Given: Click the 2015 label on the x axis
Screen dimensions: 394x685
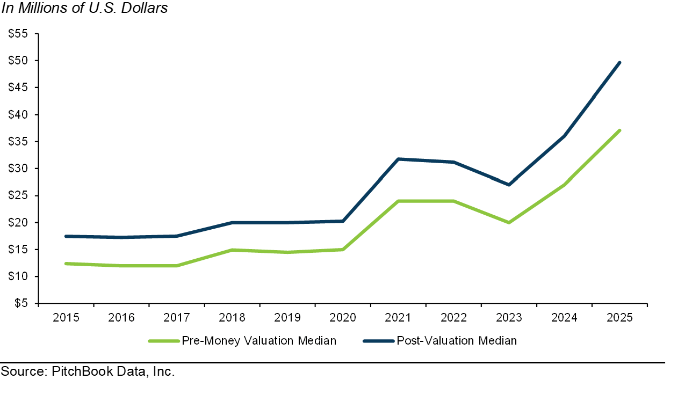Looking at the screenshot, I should [66, 317].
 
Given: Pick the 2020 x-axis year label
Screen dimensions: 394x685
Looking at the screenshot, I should [342, 317].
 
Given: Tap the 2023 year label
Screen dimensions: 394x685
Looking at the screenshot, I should [508, 317].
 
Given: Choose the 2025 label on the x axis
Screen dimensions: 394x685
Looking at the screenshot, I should [619, 317].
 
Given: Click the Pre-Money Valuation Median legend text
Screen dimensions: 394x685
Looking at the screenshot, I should [259, 341].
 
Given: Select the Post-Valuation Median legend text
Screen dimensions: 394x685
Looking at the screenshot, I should [457, 341].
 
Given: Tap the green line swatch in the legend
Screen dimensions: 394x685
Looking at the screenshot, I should [163, 341].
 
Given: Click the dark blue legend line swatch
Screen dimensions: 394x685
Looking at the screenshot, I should [378, 341].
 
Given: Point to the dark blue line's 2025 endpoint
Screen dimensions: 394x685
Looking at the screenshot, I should [619, 63].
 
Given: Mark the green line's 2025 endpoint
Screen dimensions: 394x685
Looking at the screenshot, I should [619, 130].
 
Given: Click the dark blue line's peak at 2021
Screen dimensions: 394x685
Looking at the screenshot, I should [398, 159].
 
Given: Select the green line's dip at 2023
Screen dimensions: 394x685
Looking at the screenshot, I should [509, 222].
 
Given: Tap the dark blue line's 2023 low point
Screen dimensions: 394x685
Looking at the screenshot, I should [509, 185].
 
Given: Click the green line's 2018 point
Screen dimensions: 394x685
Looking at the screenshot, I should [232, 250].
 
